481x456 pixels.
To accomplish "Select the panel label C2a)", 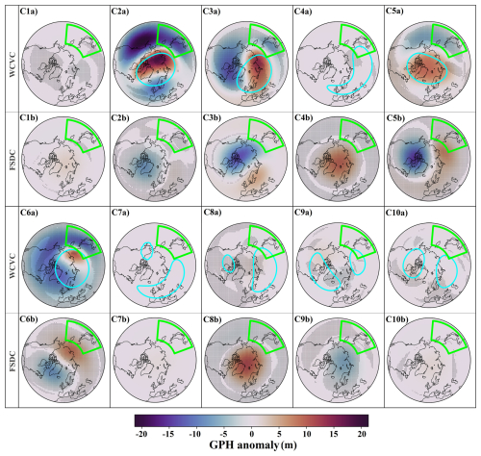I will pos(124,10).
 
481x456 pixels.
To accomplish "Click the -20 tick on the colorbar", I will pos(142,434).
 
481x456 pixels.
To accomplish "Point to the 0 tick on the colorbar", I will pos(253,434).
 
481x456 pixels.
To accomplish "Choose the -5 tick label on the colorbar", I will pos(224,434).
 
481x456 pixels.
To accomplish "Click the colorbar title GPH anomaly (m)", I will pos(252,447).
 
